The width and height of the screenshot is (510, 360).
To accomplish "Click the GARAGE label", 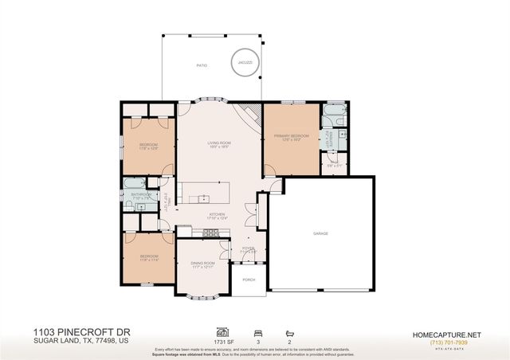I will point(320,233).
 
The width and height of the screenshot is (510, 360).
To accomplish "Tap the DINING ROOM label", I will point(202,264).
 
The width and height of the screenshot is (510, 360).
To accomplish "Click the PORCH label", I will point(248,280).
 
